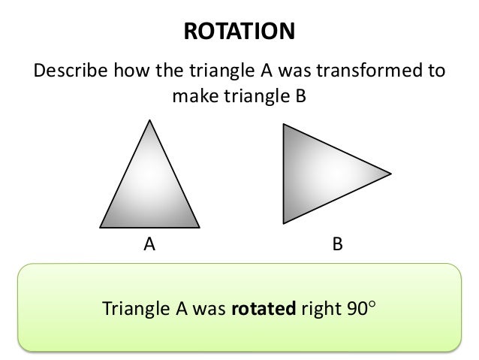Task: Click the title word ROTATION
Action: tap(239, 32)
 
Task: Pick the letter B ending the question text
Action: tap(303, 95)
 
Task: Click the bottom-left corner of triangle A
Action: tap(100, 227)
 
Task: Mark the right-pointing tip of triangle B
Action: tap(390, 174)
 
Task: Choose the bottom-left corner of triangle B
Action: tap(283, 223)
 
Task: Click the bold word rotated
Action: tap(265, 308)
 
